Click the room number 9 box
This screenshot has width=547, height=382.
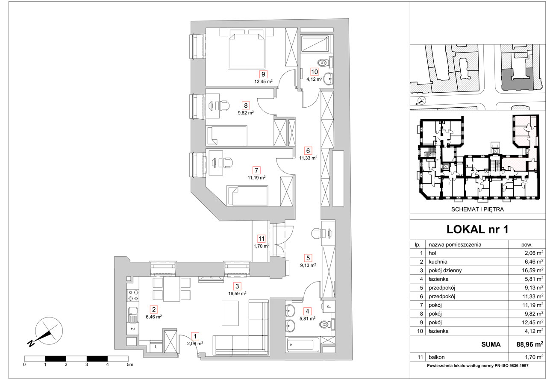[263, 74]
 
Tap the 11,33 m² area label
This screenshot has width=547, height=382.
[308, 158]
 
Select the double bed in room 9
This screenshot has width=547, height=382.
[247, 51]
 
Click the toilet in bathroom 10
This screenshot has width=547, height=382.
[325, 63]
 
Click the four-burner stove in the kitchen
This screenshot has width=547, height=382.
[133, 295]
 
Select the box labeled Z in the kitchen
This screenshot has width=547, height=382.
[133, 329]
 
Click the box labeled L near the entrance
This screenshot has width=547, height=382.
[156, 347]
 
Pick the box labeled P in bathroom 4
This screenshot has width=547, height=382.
[329, 307]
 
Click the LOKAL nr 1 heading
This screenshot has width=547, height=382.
[477, 229]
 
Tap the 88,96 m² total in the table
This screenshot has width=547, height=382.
[529, 344]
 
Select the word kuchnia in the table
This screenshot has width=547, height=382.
[438, 262]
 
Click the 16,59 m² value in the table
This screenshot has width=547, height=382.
[532, 270]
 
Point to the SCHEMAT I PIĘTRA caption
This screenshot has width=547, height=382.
[477, 209]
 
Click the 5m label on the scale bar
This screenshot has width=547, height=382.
[130, 364]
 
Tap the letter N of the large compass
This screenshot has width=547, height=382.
[31, 343]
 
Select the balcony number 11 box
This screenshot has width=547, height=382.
[262, 238]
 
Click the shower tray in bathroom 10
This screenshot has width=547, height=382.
[315, 44]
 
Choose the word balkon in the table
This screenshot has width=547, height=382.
[437, 357]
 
